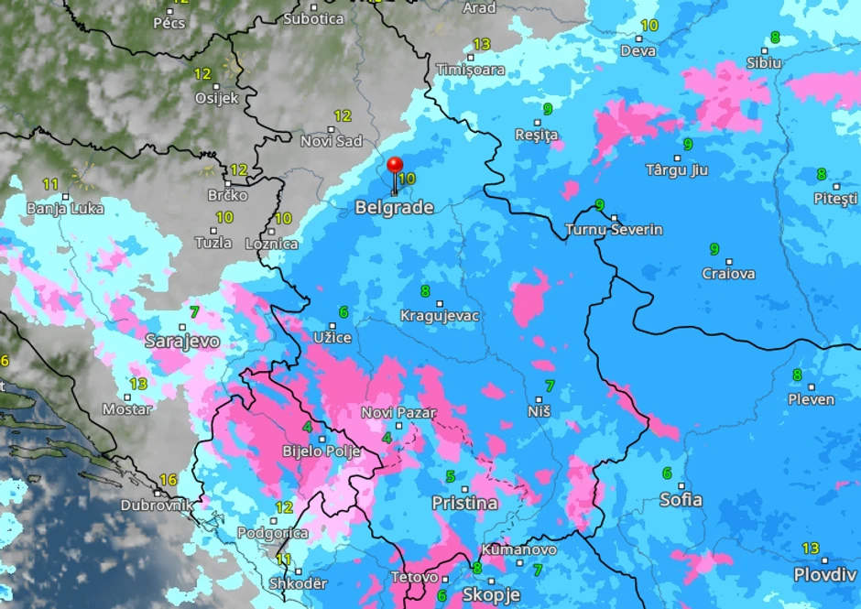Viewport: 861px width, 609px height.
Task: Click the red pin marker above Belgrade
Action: point(395,166)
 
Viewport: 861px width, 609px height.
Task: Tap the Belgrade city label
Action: point(394,208)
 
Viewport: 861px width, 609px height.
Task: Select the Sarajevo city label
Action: point(182,341)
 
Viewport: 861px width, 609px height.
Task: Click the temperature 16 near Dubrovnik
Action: point(168,480)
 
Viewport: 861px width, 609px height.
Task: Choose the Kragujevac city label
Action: point(440,316)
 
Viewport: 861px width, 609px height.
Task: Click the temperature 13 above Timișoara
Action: point(482,44)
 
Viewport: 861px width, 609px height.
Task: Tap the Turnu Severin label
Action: point(615,229)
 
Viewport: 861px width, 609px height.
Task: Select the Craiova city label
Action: point(729,273)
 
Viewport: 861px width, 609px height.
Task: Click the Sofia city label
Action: point(681,499)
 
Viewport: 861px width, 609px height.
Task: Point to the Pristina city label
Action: point(464,503)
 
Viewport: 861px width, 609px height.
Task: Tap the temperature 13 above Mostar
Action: point(138,384)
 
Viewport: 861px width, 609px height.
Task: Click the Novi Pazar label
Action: point(398,413)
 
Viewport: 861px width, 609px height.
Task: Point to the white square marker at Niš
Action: point(539,399)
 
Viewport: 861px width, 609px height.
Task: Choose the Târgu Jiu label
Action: point(677,170)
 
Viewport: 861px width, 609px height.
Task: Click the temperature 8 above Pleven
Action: point(797,375)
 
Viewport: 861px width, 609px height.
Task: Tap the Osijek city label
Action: point(216,98)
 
